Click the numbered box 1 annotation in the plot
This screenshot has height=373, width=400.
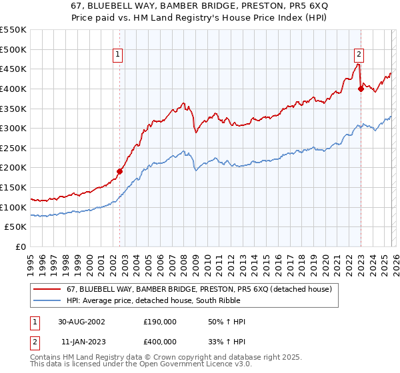117,55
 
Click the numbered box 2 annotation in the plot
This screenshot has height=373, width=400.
359,55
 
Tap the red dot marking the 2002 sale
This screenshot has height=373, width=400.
120,171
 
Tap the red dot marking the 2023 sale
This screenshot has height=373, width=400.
361,89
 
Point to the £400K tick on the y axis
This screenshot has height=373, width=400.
13,89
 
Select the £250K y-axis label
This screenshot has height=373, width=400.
13,148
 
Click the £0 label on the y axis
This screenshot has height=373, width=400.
20,246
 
